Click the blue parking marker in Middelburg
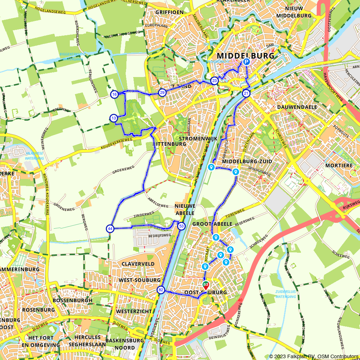point(246,62)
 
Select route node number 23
point(214,81)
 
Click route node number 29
point(162,93)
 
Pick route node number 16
point(114,94)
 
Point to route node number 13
point(113,118)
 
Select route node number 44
point(110,229)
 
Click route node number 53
point(181,226)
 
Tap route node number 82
point(161,290)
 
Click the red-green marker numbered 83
point(206,285)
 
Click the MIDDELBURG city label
point(246,56)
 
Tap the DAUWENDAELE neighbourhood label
point(297,107)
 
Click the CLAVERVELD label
point(138,264)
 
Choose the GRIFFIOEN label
point(170,12)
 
